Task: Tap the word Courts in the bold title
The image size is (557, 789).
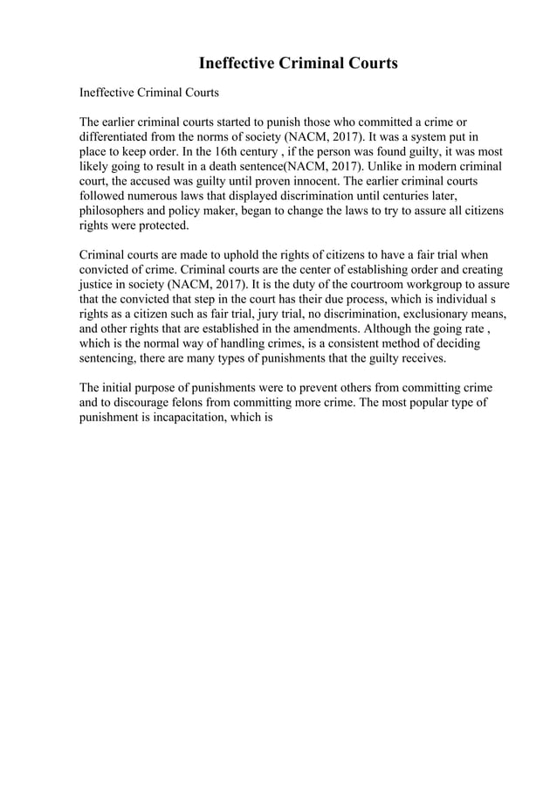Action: point(368,63)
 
